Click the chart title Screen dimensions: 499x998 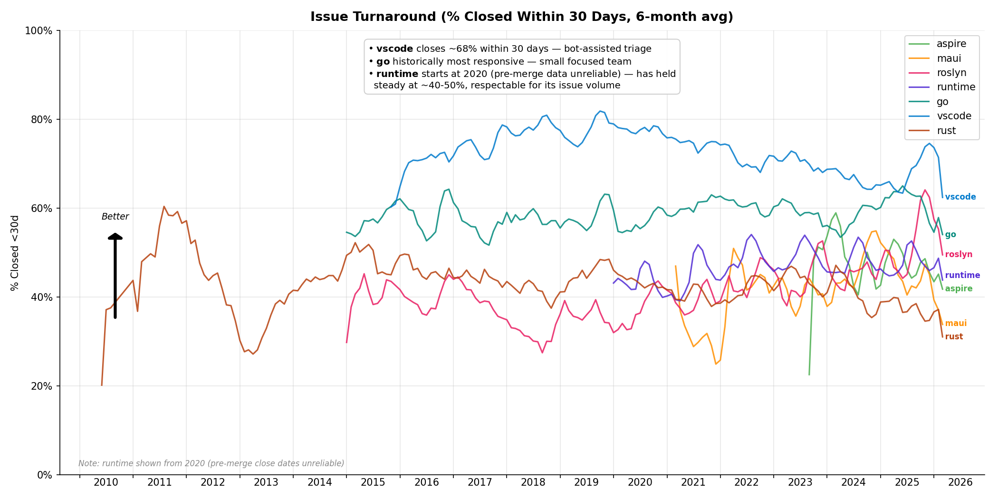[x=521, y=17]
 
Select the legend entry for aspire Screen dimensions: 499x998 [x=951, y=44]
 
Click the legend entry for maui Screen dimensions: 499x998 [x=949, y=58]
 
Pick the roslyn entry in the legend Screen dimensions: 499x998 [x=951, y=73]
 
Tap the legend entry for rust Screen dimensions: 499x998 [x=946, y=131]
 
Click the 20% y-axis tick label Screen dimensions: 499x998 [x=41, y=386]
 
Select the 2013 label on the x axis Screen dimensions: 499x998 [x=266, y=482]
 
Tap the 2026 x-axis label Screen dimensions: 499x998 [x=960, y=482]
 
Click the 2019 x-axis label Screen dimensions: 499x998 [x=586, y=482]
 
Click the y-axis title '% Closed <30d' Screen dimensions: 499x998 [x=15, y=253]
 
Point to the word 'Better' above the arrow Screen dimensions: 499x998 [x=115, y=217]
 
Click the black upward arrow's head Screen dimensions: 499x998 [x=115, y=236]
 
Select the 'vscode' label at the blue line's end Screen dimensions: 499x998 [x=960, y=197]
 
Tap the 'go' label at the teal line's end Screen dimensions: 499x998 [x=950, y=235]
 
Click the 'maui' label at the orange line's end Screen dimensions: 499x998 [x=956, y=323]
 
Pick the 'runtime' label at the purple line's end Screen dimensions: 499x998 [x=962, y=275]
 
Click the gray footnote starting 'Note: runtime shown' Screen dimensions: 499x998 [x=211, y=463]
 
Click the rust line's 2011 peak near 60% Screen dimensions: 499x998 [x=164, y=206]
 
